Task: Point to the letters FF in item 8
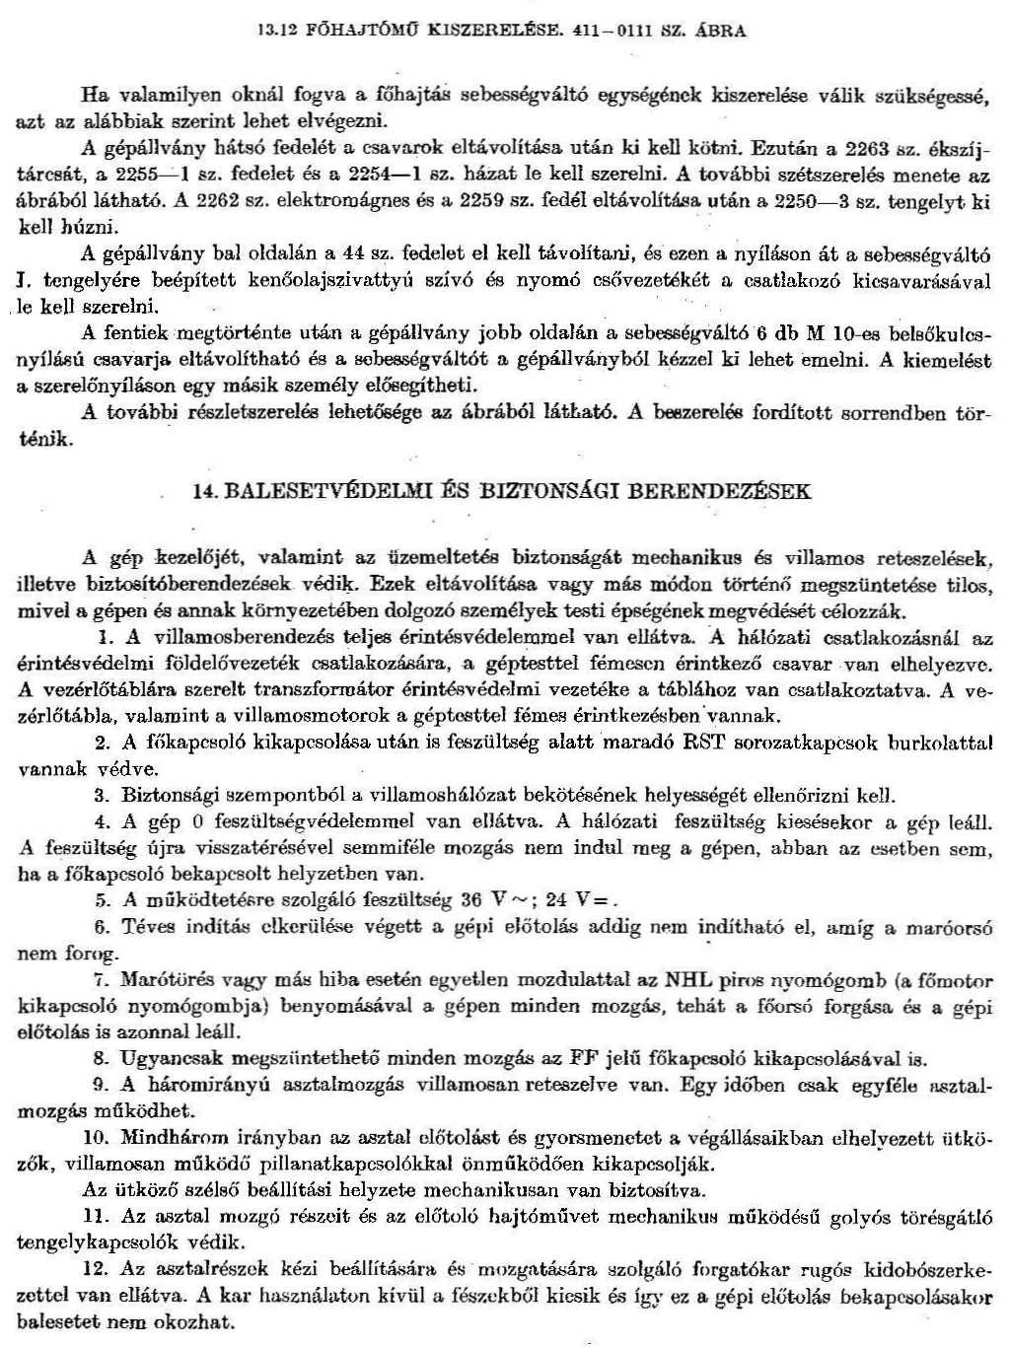(583, 1060)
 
